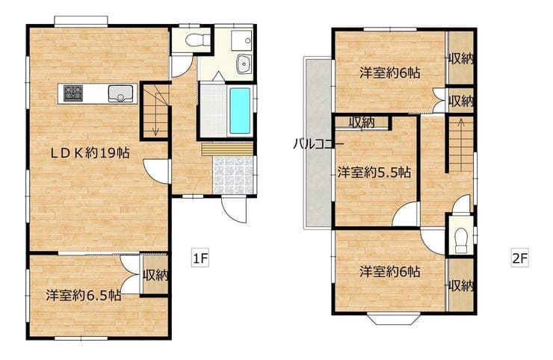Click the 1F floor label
tap(200, 259)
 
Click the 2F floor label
tap(520, 258)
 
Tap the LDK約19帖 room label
tap(90, 152)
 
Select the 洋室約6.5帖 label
tap(83, 295)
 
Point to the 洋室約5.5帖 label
tap(374, 173)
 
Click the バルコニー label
tap(318, 144)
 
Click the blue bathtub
tap(240, 111)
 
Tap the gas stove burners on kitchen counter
tap(73, 93)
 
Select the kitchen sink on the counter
tap(120, 94)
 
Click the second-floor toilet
tap(461, 240)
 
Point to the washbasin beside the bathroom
tap(244, 63)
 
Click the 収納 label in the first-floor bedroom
tap(155, 275)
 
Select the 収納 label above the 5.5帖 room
tap(362, 122)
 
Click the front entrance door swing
tap(234, 209)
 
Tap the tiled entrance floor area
tap(233, 175)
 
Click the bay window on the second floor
tap(393, 318)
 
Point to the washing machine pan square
tap(242, 40)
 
